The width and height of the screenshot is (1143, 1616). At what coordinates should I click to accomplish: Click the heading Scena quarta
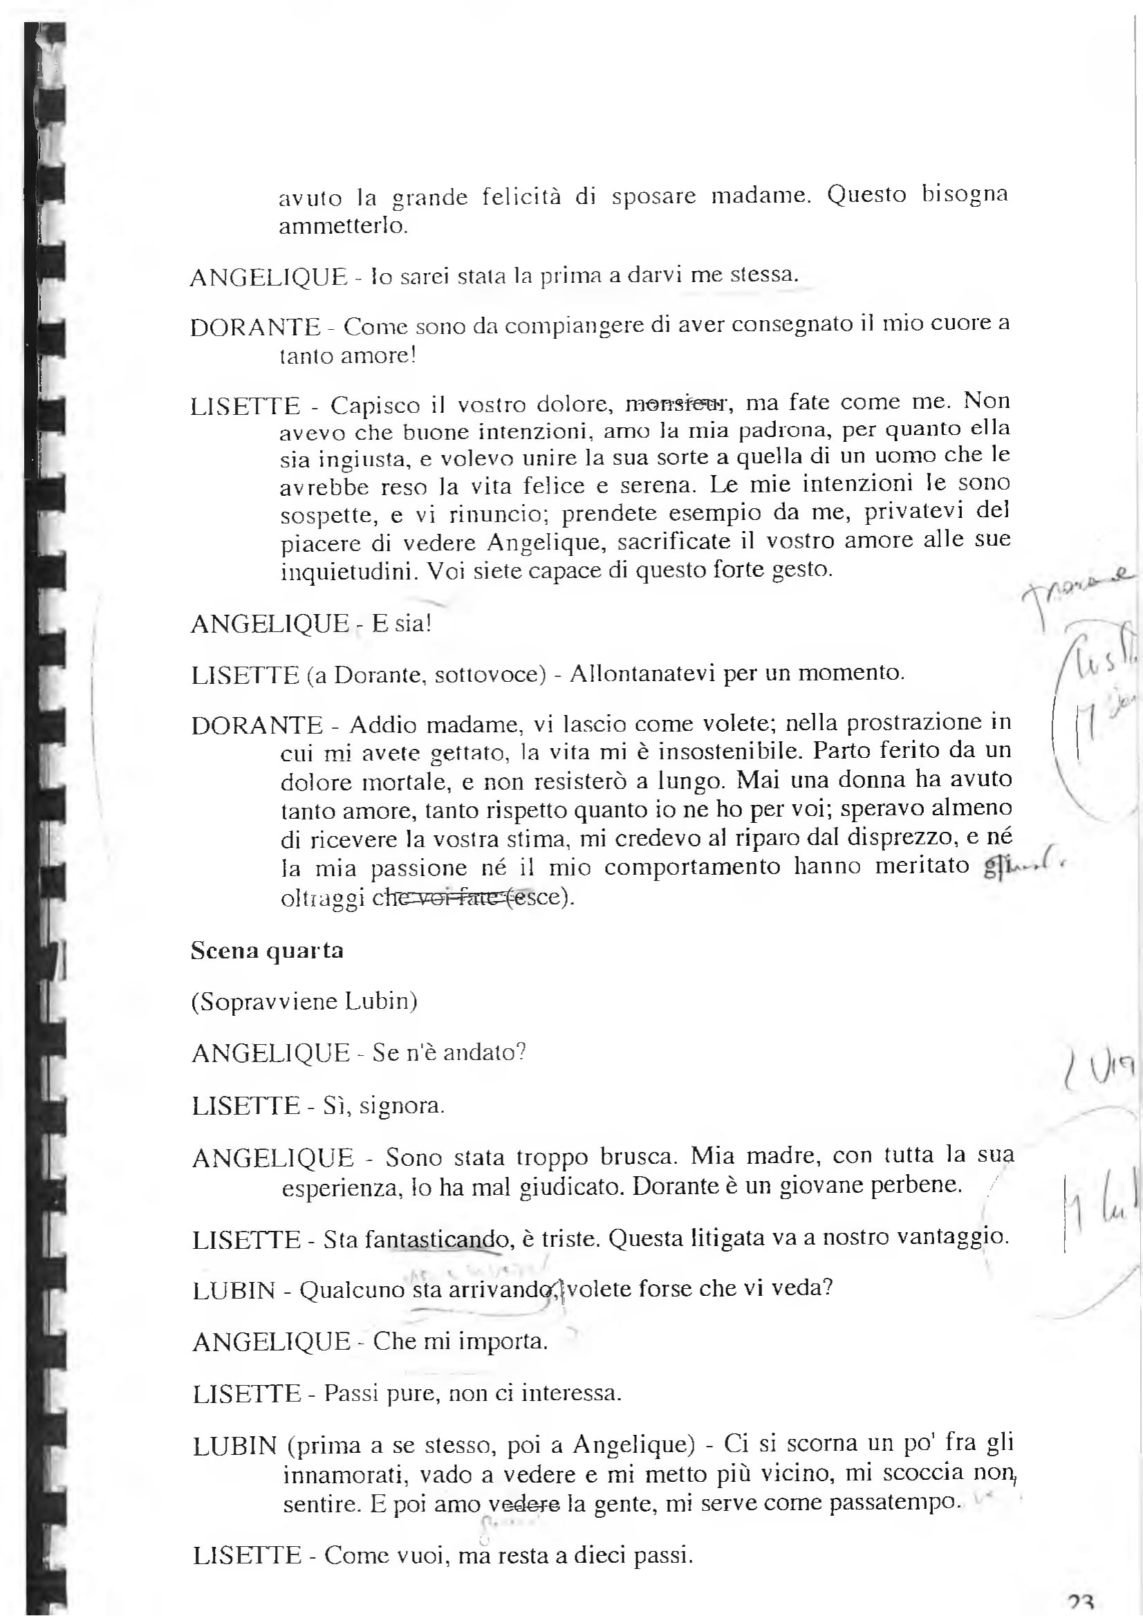pyautogui.click(x=267, y=951)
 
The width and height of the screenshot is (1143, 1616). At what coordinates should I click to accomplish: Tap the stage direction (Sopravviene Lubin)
pyautogui.click(x=304, y=1001)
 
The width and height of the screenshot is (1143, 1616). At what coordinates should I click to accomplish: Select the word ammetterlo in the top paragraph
pyautogui.click(x=342, y=227)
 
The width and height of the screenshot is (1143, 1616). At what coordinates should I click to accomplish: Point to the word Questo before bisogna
pyautogui.click(x=866, y=194)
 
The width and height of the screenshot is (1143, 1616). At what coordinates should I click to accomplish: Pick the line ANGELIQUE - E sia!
pyautogui.click(x=310, y=624)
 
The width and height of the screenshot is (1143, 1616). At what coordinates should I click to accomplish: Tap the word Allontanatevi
pyautogui.click(x=643, y=673)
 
